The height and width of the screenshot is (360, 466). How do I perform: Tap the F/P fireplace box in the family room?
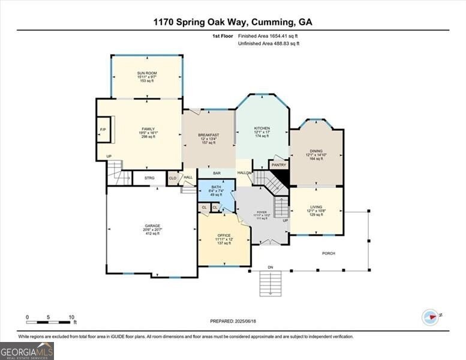click(x=103, y=131)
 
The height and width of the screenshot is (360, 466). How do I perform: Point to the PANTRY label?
click(x=279, y=164)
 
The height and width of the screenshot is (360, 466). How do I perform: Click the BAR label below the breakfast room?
click(x=217, y=173)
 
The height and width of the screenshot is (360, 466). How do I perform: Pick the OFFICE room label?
click(x=224, y=235)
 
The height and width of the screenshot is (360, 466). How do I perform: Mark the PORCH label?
click(x=329, y=253)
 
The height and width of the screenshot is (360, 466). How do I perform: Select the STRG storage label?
click(x=149, y=178)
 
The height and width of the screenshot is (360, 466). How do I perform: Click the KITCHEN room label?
click(x=262, y=128)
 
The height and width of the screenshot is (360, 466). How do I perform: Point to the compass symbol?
click(x=431, y=317)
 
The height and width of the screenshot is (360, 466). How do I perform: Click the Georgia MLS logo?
click(x=27, y=351)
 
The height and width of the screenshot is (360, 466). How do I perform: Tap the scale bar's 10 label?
click(x=71, y=317)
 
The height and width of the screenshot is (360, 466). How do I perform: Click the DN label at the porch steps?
click(x=270, y=266)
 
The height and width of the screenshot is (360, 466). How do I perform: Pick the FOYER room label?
click(x=262, y=212)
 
